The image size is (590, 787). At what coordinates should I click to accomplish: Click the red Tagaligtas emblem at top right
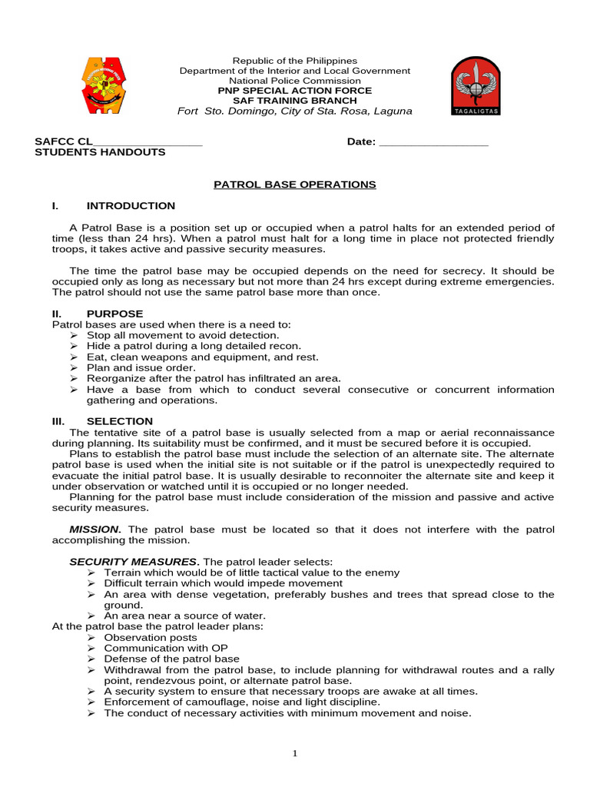(x=474, y=85)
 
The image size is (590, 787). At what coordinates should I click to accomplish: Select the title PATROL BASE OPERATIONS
(x=294, y=184)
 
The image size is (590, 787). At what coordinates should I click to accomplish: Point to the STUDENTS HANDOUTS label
(x=100, y=152)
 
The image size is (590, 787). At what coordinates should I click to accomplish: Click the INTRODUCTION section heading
(x=131, y=206)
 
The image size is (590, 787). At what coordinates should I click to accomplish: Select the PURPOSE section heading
(x=114, y=314)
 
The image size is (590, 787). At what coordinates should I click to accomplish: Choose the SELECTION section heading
(x=119, y=421)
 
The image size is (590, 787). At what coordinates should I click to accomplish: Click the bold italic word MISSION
(x=94, y=530)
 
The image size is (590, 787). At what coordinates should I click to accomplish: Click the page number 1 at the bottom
(x=295, y=754)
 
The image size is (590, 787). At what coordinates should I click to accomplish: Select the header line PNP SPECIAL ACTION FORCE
(x=295, y=91)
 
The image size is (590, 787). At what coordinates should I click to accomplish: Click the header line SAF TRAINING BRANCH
(x=295, y=101)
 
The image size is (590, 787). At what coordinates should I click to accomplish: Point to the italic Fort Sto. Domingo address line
(x=295, y=111)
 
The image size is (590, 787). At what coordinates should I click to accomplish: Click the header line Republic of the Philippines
(x=295, y=61)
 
